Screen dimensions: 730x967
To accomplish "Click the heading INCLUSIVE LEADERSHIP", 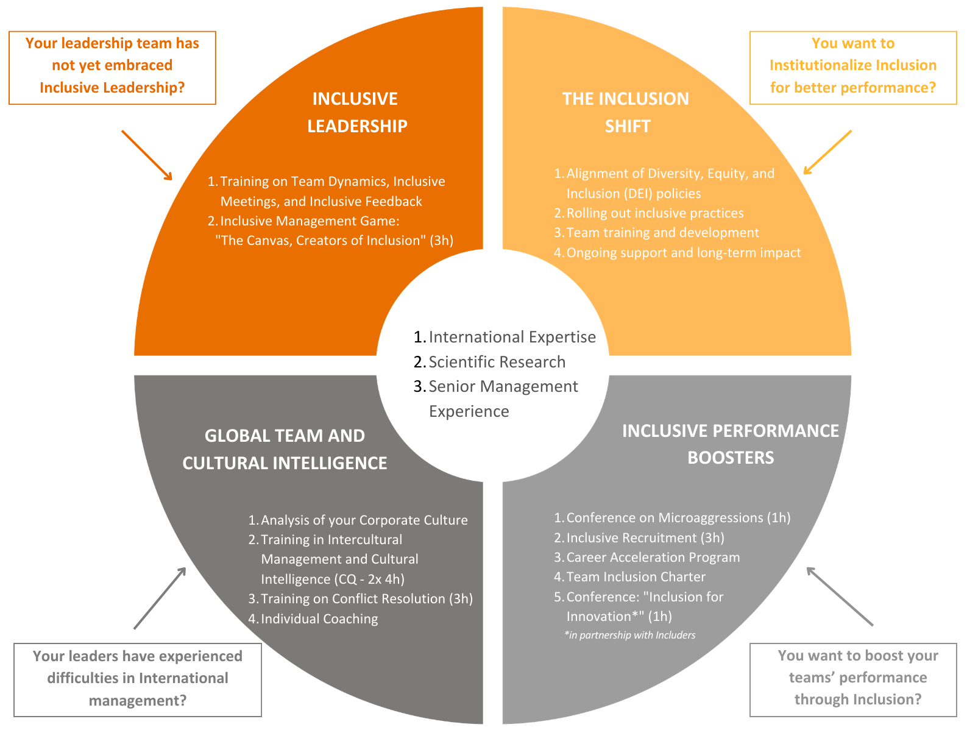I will [356, 112].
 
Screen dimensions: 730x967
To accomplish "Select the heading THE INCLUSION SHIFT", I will [626, 112].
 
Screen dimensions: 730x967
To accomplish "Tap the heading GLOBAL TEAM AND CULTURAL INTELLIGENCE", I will [285, 449].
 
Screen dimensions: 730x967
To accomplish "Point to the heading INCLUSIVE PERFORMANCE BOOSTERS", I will [731, 444].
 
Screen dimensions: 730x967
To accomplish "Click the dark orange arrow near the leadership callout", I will [147, 155].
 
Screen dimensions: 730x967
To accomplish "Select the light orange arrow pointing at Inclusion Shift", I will [827, 152].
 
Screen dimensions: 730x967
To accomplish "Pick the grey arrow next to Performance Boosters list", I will [840, 596].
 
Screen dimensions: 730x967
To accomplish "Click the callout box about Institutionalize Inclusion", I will [852, 66].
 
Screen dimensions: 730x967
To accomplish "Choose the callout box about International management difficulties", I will [138, 678].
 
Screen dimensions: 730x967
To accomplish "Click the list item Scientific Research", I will [497, 362].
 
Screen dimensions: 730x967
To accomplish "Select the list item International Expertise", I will [512, 337].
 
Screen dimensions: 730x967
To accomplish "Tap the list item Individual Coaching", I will [319, 619].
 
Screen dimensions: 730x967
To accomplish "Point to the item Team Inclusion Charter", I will [636, 577].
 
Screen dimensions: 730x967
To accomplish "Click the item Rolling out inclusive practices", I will [654, 213].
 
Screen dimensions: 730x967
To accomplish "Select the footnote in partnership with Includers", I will [630, 635].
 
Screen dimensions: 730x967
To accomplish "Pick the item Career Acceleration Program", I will [653, 558].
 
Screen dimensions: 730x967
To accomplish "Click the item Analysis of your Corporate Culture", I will [364, 520].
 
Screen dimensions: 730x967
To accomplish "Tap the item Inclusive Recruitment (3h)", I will [645, 538].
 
